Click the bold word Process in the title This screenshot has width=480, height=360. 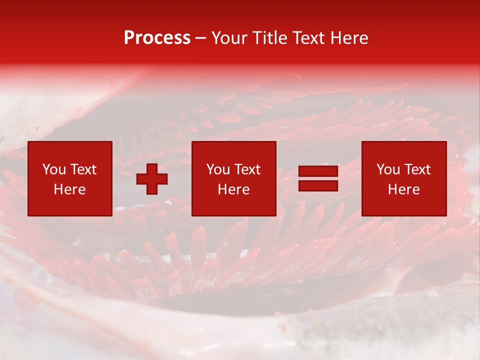click(157, 38)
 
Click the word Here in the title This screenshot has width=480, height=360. click(350, 38)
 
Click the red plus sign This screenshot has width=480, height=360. click(152, 178)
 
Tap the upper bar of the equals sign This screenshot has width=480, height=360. click(318, 171)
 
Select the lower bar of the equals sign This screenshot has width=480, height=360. click(318, 186)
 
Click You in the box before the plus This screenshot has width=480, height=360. click(54, 169)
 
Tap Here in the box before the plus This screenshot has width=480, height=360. click(70, 189)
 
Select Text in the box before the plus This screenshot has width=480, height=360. click(82, 169)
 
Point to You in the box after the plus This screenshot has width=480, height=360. click(218, 169)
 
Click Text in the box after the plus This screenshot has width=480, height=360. click(246, 169)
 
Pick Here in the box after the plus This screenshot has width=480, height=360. click(234, 189)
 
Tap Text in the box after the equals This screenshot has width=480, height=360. click(416, 169)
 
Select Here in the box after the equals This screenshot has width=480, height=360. click(404, 189)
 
